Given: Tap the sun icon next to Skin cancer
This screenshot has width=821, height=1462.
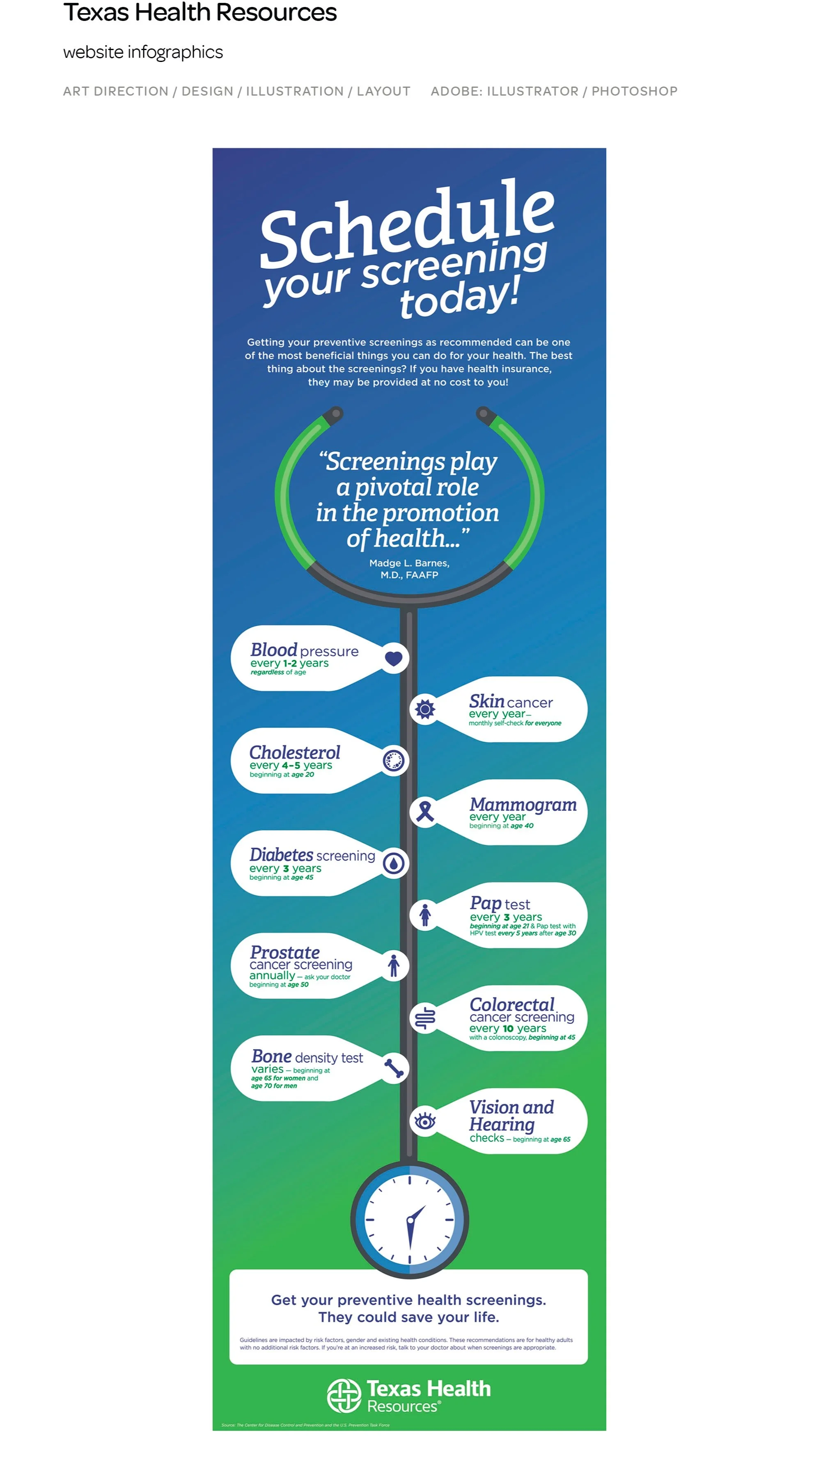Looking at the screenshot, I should (x=425, y=709).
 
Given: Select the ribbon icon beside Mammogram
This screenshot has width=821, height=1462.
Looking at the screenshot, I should (x=425, y=812).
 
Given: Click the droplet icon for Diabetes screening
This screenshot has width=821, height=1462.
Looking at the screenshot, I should (x=394, y=863).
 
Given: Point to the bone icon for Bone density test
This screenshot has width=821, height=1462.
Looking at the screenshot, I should (x=394, y=1068).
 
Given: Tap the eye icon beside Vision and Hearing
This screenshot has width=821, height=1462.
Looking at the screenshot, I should (x=425, y=1121).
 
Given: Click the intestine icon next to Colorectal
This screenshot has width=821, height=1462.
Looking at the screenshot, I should (x=425, y=1018).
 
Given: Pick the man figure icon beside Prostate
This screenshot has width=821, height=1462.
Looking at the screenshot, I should (x=394, y=966).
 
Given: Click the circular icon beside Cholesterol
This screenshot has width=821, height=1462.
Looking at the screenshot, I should (x=394, y=760).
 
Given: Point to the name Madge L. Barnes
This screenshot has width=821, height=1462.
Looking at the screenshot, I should (x=409, y=563).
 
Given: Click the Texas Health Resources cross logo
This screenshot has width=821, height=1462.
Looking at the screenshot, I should (x=344, y=1395).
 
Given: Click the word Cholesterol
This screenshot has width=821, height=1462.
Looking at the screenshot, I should (x=295, y=753).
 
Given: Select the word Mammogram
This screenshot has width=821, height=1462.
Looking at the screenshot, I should (x=522, y=804).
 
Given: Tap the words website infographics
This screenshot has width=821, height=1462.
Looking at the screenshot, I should (x=143, y=52).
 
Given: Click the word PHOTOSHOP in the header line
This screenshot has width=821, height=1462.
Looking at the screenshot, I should (x=634, y=92).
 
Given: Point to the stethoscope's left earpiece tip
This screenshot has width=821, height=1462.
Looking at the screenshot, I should (x=336, y=413).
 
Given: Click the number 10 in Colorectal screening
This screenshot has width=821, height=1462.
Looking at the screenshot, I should (x=508, y=1029).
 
